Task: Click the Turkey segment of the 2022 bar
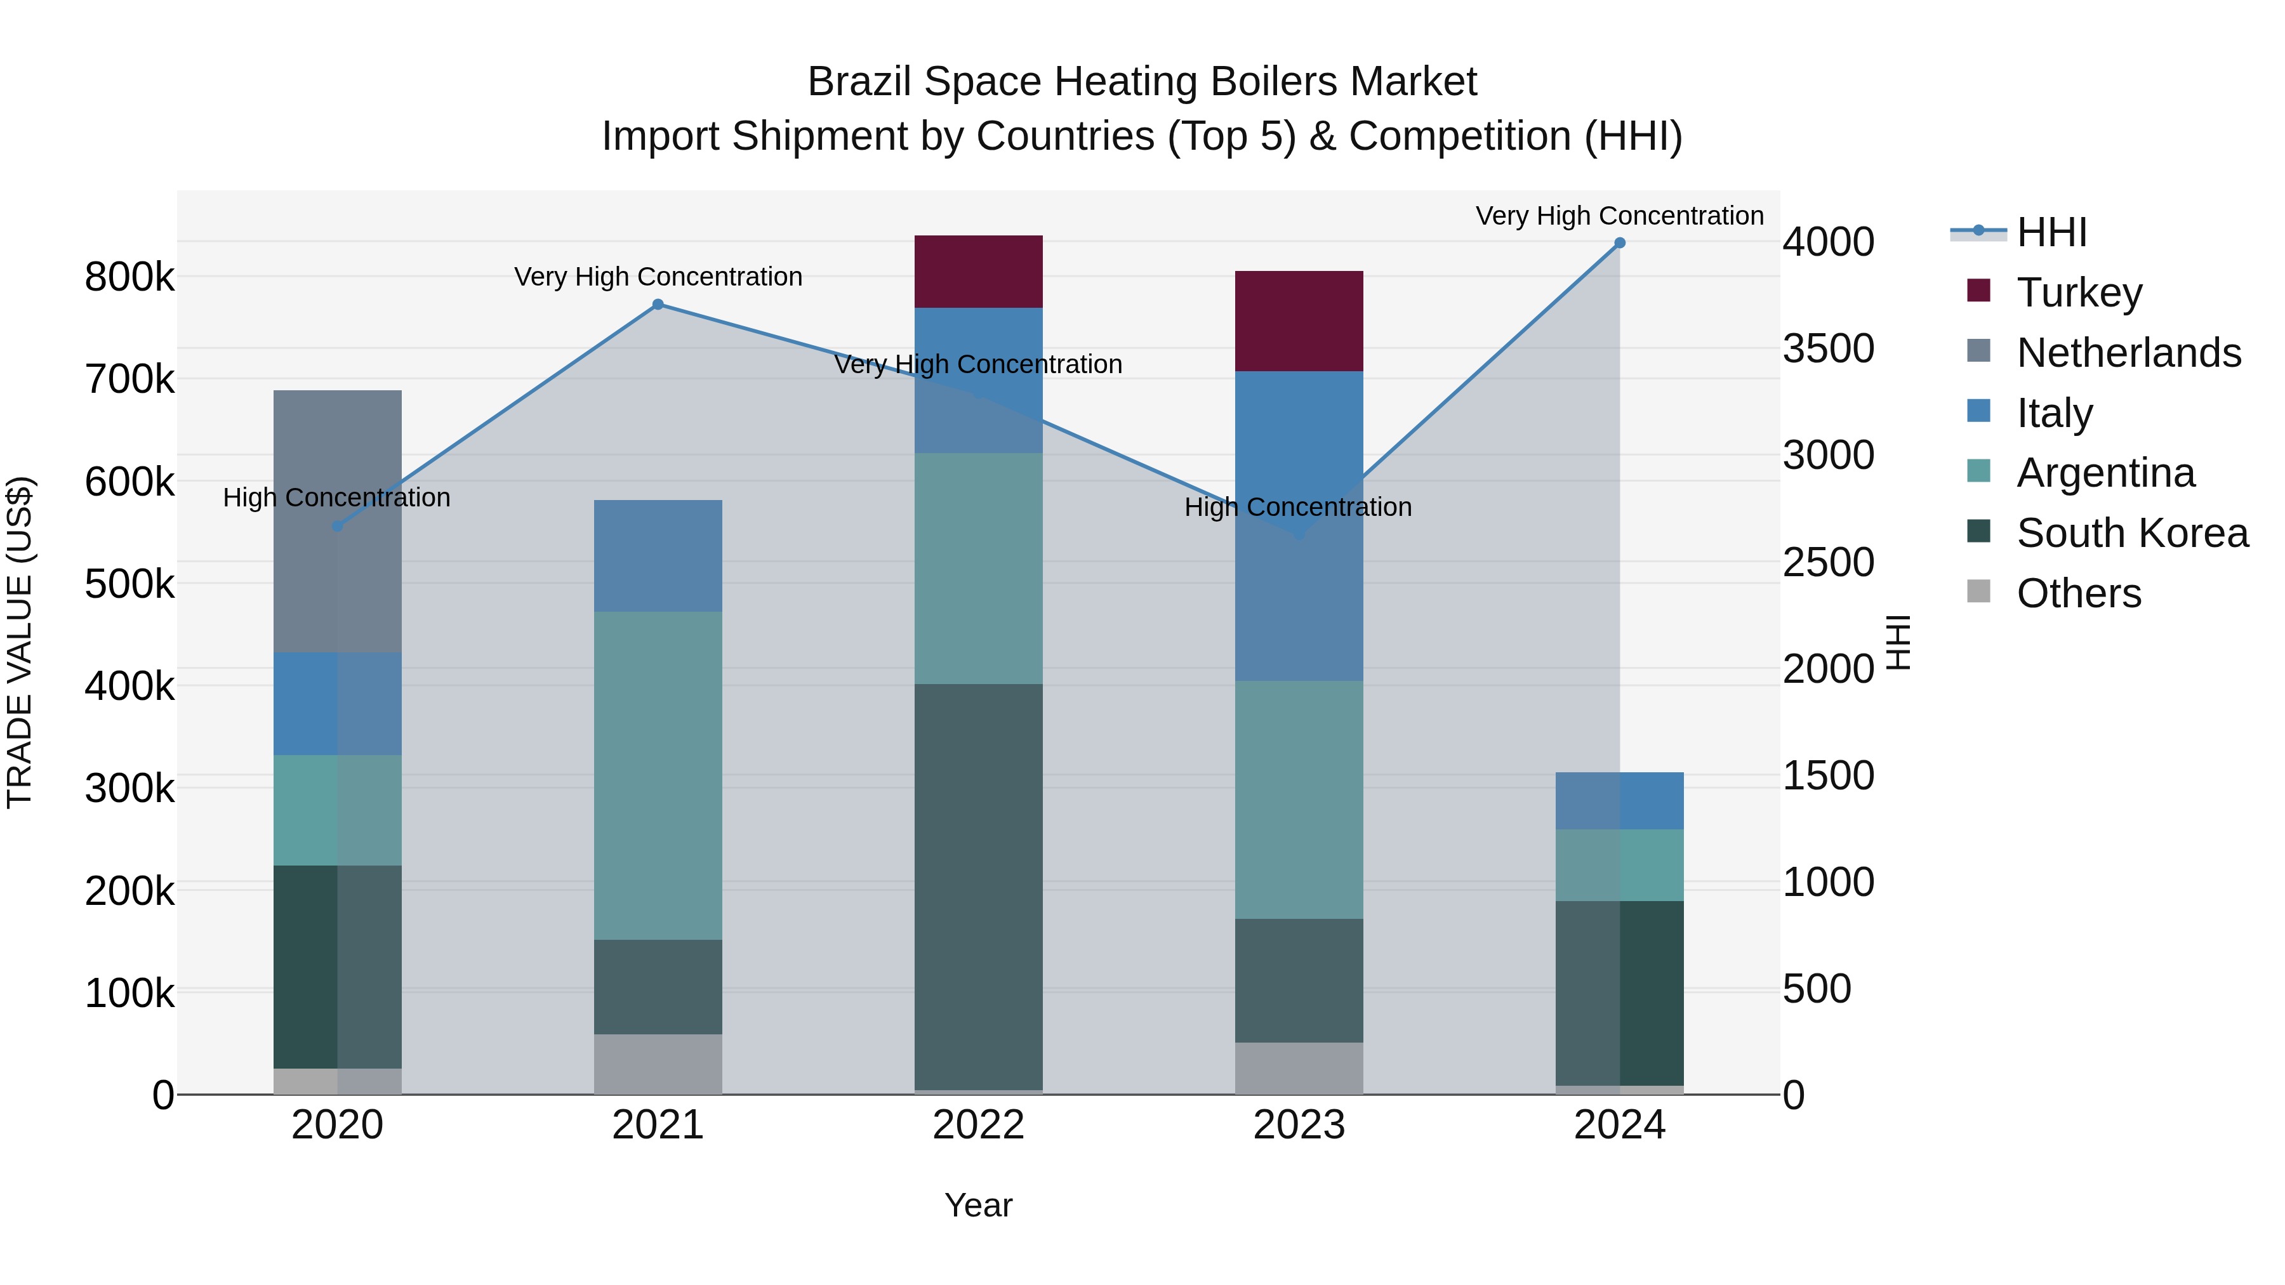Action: (x=977, y=272)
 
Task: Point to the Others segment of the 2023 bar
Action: (x=1299, y=1068)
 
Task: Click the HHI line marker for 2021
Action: (x=658, y=304)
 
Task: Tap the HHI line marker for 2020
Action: (x=337, y=526)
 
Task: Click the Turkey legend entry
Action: (x=2078, y=293)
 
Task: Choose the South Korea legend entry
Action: (x=2131, y=533)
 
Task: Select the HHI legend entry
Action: (x=2051, y=232)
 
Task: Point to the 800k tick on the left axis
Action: (x=129, y=277)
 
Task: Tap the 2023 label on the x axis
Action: (x=1299, y=1125)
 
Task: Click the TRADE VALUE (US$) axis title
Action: (x=20, y=642)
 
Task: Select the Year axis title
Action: (x=977, y=1205)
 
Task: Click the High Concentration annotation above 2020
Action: (x=336, y=498)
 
